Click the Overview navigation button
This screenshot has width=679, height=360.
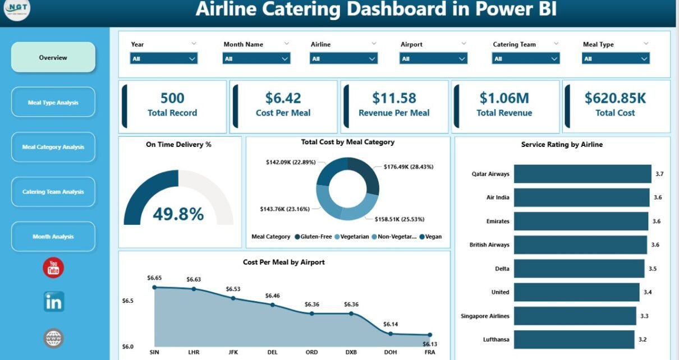(53, 58)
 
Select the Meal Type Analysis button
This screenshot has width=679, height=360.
(53, 103)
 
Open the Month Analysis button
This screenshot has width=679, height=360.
(53, 237)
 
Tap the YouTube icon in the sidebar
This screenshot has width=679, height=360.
(53, 268)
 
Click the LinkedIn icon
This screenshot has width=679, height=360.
(54, 302)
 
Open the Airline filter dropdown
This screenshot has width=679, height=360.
(344, 58)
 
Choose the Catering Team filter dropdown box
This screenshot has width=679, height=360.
(526, 58)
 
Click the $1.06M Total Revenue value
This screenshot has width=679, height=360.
(504, 98)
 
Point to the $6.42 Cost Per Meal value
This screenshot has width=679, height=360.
(283, 98)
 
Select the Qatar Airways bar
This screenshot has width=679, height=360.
(582, 174)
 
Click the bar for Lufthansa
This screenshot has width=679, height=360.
(575, 339)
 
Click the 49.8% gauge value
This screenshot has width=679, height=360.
(178, 214)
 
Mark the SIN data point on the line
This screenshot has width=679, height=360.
(154, 287)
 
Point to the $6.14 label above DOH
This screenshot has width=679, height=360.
(390, 324)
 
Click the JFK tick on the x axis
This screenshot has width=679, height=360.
(233, 352)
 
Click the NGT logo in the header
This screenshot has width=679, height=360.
(17, 10)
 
